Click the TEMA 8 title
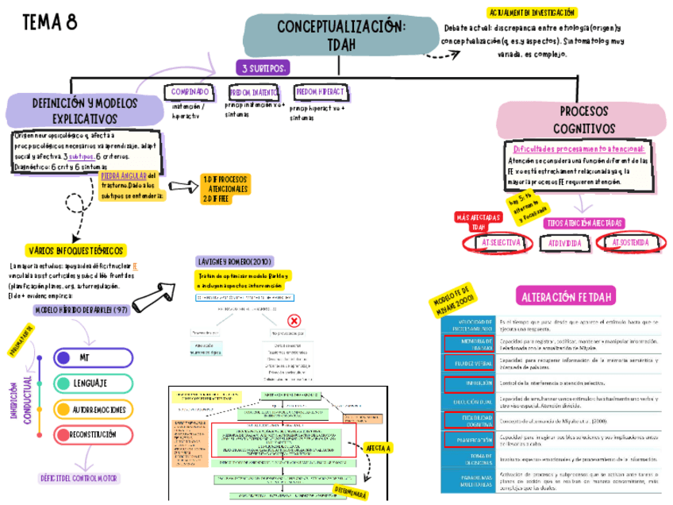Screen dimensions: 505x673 [49, 22]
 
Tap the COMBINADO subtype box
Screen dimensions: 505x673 [190, 92]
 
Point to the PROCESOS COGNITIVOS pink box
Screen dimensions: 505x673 [584, 119]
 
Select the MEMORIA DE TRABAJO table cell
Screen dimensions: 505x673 [467, 344]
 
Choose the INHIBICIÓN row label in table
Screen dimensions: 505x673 [467, 385]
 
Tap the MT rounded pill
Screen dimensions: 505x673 [85, 358]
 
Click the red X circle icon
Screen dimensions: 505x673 [294, 322]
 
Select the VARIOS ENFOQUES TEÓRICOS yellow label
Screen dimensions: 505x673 [75, 250]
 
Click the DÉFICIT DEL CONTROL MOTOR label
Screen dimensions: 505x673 [79, 478]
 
